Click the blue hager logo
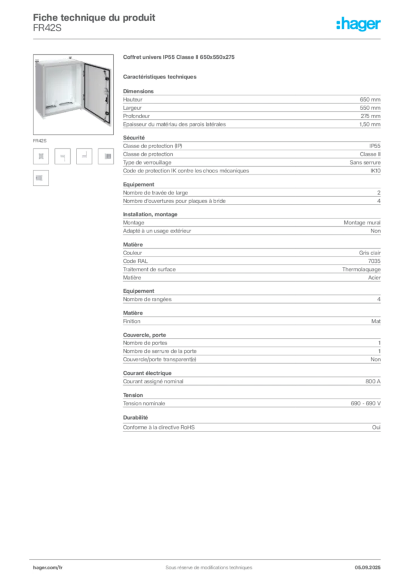coord(359,24)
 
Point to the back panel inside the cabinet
coord(60,85)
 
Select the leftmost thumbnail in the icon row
coord(41,157)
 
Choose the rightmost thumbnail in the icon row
coord(105,157)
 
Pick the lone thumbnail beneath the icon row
coord(40,178)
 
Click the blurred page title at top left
coord(94,17)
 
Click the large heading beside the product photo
coord(178,58)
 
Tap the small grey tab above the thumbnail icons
coord(40,140)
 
